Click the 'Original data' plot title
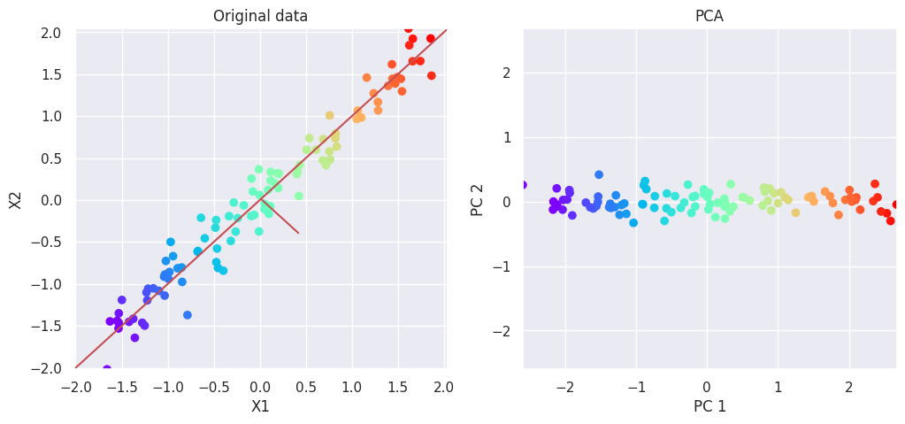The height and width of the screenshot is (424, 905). click(x=261, y=16)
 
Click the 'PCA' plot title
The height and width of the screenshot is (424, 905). click(x=709, y=16)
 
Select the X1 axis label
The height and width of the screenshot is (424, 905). click(x=260, y=407)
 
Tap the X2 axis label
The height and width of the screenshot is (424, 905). click(x=16, y=199)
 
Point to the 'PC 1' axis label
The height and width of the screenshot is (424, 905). click(x=709, y=407)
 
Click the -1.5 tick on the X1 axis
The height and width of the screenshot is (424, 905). click(x=121, y=387)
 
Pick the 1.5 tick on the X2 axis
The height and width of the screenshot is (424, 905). click(x=50, y=74)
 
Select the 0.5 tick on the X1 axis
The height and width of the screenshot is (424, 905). click(x=306, y=387)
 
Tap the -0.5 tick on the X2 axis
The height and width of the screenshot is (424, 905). click(x=47, y=243)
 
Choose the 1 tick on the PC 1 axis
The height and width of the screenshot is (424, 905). click(x=778, y=387)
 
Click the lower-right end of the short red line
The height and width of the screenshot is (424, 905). click(x=298, y=233)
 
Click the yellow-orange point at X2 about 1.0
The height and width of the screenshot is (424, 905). click(x=329, y=115)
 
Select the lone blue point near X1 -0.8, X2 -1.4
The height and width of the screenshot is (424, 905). click(x=188, y=315)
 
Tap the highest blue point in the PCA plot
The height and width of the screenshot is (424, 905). click(x=599, y=174)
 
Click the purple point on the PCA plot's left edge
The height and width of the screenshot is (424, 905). click(x=523, y=185)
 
